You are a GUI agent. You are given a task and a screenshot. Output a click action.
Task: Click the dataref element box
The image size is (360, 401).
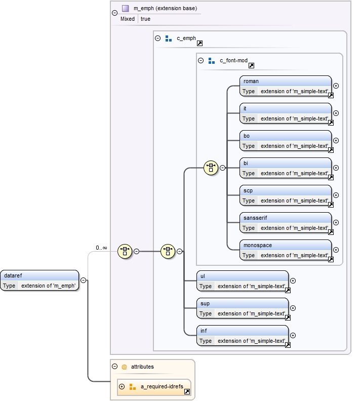pos(40,280)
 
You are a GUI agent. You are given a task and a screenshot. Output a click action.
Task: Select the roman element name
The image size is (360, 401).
pos(251,81)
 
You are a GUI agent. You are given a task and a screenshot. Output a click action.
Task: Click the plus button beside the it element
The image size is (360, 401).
pos(336,113)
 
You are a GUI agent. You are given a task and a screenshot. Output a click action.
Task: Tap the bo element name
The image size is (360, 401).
pos(247,136)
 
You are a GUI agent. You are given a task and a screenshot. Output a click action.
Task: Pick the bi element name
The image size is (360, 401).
pos(246,163)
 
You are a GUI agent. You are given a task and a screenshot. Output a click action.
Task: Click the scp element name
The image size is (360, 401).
pos(248,190)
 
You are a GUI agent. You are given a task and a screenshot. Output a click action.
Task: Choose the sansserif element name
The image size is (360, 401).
pos(255,218)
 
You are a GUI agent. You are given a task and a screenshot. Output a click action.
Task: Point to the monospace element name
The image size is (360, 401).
pos(258,245)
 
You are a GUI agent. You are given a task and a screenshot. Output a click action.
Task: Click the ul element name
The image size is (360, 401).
pos(203,276)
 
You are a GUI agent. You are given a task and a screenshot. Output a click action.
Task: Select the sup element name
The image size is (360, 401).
pos(205,303)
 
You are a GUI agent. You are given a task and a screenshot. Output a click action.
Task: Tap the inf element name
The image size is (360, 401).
pos(204,331)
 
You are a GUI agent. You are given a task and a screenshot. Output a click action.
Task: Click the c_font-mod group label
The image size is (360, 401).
pos(233,61)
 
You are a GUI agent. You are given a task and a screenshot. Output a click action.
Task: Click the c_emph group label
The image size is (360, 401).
pos(186,38)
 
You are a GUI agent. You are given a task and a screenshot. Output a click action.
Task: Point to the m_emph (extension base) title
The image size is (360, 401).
pos(165,9)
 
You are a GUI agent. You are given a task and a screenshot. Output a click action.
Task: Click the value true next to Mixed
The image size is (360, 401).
pos(145,19)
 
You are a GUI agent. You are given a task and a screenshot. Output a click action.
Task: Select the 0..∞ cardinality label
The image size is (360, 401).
pos(101,248)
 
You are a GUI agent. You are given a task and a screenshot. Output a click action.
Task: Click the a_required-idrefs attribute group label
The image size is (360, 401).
pos(161,387)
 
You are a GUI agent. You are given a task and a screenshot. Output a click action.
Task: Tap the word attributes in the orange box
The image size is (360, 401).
pos(142,367)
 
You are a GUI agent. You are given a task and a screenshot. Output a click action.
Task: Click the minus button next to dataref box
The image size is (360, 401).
pos(83,280)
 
